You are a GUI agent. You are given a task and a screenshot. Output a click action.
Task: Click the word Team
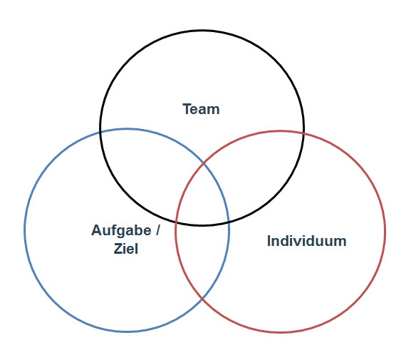(x=201, y=109)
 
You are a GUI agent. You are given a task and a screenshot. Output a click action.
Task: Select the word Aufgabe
(x=121, y=231)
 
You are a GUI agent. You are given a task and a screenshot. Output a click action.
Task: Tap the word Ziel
(x=126, y=249)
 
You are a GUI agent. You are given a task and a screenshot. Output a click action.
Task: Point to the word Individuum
(x=307, y=241)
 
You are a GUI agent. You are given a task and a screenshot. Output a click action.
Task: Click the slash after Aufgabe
(x=157, y=230)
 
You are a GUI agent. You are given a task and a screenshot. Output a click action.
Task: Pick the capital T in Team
(x=187, y=109)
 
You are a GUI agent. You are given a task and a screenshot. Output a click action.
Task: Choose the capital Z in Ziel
(x=118, y=249)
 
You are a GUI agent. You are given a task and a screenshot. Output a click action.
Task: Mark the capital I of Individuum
(x=269, y=241)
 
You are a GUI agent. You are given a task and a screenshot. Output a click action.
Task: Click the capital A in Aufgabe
(x=97, y=230)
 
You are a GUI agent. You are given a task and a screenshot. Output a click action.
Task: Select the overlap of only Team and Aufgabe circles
(x=147, y=168)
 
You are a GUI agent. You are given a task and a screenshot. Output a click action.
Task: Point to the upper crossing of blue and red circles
(x=204, y=164)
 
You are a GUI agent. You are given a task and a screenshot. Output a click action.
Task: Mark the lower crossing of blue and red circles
(x=202, y=299)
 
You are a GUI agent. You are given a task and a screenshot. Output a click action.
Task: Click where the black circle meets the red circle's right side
(x=303, y=134)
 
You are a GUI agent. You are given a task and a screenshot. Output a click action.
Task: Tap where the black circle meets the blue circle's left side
(x=101, y=130)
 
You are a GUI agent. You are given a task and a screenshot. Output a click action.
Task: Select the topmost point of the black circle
(x=202, y=31)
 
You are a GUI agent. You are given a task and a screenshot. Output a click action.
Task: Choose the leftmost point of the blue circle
(x=25, y=230)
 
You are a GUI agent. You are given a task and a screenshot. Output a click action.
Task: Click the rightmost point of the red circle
(x=385, y=232)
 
